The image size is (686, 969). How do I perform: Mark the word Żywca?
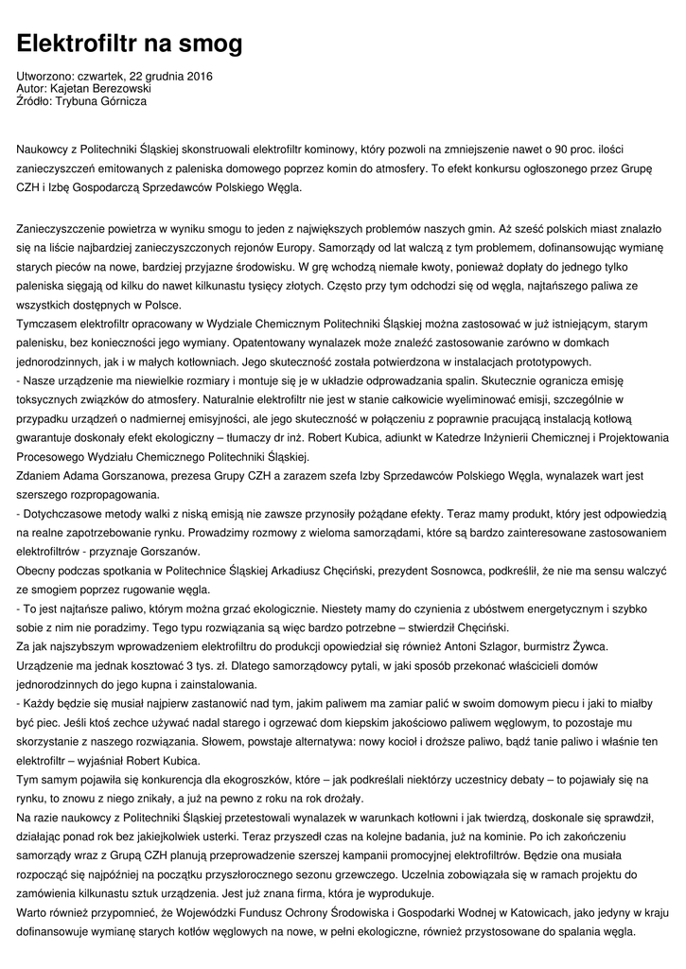(595, 647)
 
